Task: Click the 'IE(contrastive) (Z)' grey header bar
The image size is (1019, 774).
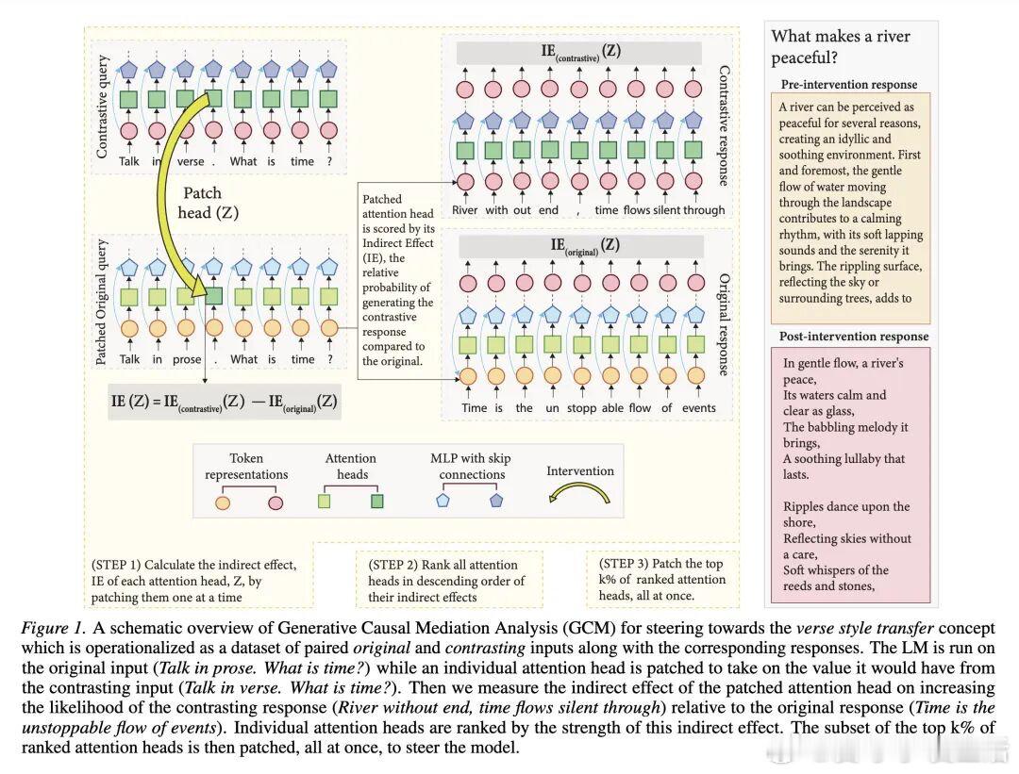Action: tap(580, 53)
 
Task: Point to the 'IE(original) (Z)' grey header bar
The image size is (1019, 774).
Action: tap(580, 246)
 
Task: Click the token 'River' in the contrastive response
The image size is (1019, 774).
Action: tap(465, 210)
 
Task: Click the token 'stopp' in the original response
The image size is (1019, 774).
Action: tap(579, 408)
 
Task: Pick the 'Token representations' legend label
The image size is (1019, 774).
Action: tap(246, 466)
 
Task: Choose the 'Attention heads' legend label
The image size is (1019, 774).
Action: tap(350, 466)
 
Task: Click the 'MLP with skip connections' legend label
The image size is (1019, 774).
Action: tap(470, 466)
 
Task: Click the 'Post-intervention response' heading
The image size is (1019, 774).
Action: tap(854, 337)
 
